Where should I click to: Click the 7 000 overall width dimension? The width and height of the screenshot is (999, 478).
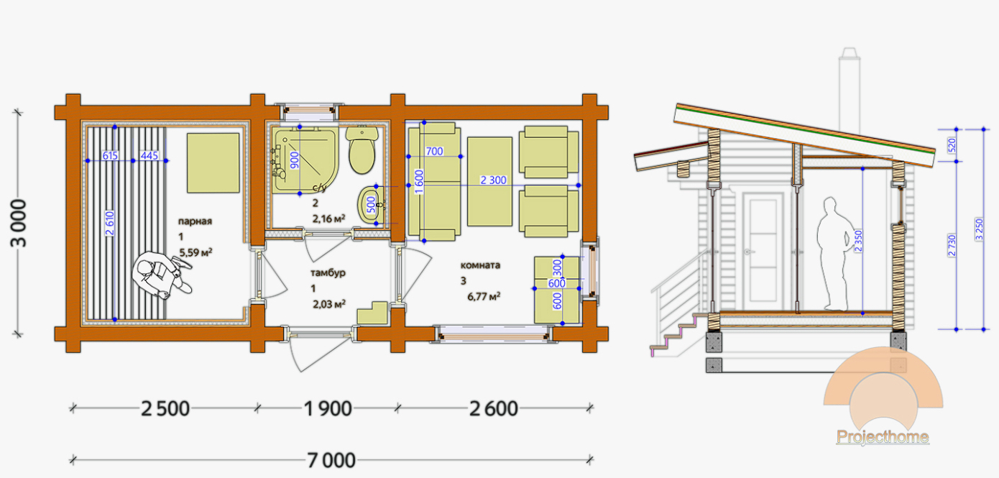tap(331, 460)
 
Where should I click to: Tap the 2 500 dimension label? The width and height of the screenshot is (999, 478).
tap(165, 408)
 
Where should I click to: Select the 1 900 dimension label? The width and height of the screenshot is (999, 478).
tap(328, 408)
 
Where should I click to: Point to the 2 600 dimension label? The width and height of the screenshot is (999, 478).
tap(494, 408)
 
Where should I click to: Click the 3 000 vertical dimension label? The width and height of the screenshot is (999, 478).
tap(19, 223)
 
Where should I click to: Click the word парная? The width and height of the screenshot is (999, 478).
tap(195, 221)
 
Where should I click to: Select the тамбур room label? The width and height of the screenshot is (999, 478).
tap(328, 272)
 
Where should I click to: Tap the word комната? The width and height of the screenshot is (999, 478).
tap(480, 265)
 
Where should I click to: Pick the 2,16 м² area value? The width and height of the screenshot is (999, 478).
tap(328, 219)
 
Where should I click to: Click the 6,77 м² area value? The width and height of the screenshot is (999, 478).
tap(484, 297)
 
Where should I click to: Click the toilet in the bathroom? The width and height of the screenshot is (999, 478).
tap(362, 150)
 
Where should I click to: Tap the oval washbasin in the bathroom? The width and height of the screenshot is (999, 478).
tap(369, 205)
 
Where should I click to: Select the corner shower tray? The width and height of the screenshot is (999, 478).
tap(305, 160)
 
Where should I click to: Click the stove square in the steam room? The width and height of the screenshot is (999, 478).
tap(213, 162)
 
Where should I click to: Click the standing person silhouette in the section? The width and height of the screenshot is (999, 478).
tap(835, 254)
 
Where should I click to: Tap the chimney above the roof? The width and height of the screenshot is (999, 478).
tap(850, 95)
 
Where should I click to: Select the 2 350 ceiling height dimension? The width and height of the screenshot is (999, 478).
tap(858, 241)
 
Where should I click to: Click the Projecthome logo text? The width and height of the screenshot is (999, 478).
tap(883, 436)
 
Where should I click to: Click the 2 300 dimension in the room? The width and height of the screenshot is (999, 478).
tap(493, 180)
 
